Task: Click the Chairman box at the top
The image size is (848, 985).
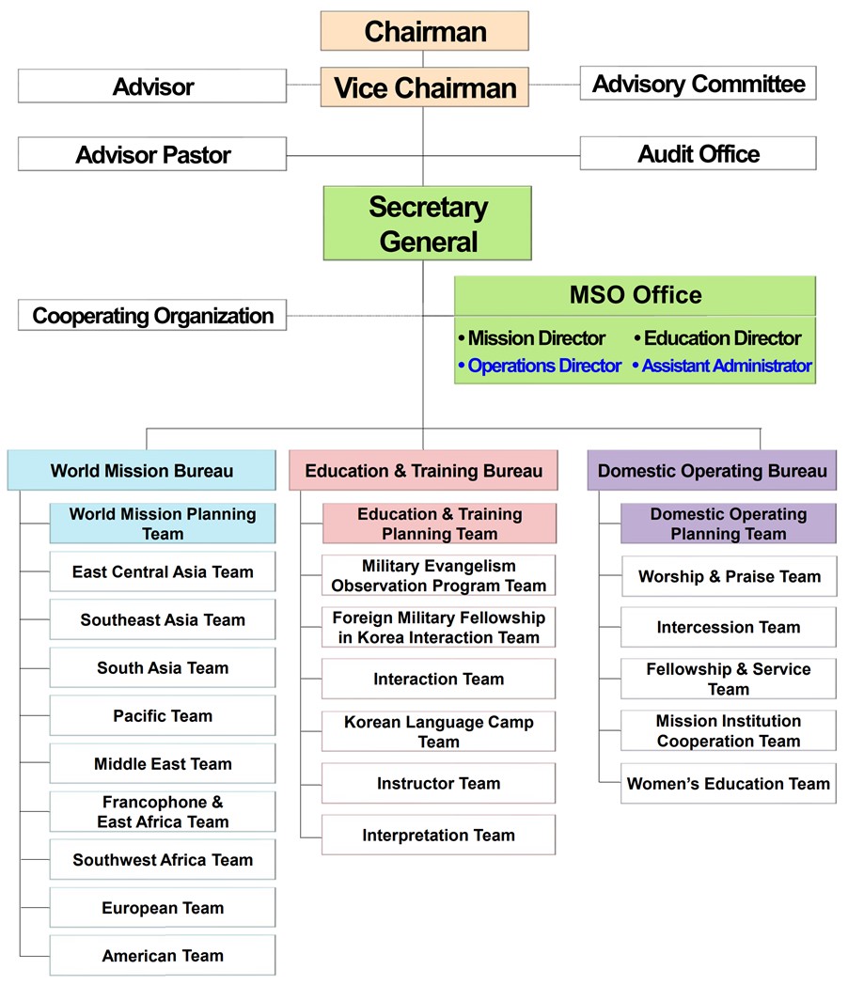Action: click(x=425, y=31)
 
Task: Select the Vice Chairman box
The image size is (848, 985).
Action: click(x=425, y=87)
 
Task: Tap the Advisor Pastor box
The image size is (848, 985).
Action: click(x=152, y=154)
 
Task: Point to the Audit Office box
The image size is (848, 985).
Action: click(x=698, y=153)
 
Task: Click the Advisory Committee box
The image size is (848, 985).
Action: click(x=698, y=83)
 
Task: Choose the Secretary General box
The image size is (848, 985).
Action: click(x=427, y=223)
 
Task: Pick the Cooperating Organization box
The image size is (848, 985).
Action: click(x=152, y=315)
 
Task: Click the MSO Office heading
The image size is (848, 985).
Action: click(x=635, y=295)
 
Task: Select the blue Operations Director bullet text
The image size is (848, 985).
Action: click(x=540, y=366)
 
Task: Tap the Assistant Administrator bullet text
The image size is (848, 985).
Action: click(x=722, y=366)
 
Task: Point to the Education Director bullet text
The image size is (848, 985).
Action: click(x=717, y=338)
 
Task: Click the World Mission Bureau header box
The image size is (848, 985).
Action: click(x=141, y=470)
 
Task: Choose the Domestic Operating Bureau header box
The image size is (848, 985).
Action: click(x=712, y=470)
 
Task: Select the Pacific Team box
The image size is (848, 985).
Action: click(x=163, y=715)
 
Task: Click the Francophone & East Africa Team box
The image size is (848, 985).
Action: click(x=163, y=812)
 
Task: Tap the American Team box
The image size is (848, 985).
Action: click(x=163, y=956)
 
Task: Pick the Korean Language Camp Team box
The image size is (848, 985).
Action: click(x=438, y=731)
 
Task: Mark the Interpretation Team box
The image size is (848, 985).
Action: click(x=438, y=835)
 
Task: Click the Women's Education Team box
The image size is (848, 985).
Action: click(x=729, y=783)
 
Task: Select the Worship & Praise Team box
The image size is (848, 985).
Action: click(x=730, y=576)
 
